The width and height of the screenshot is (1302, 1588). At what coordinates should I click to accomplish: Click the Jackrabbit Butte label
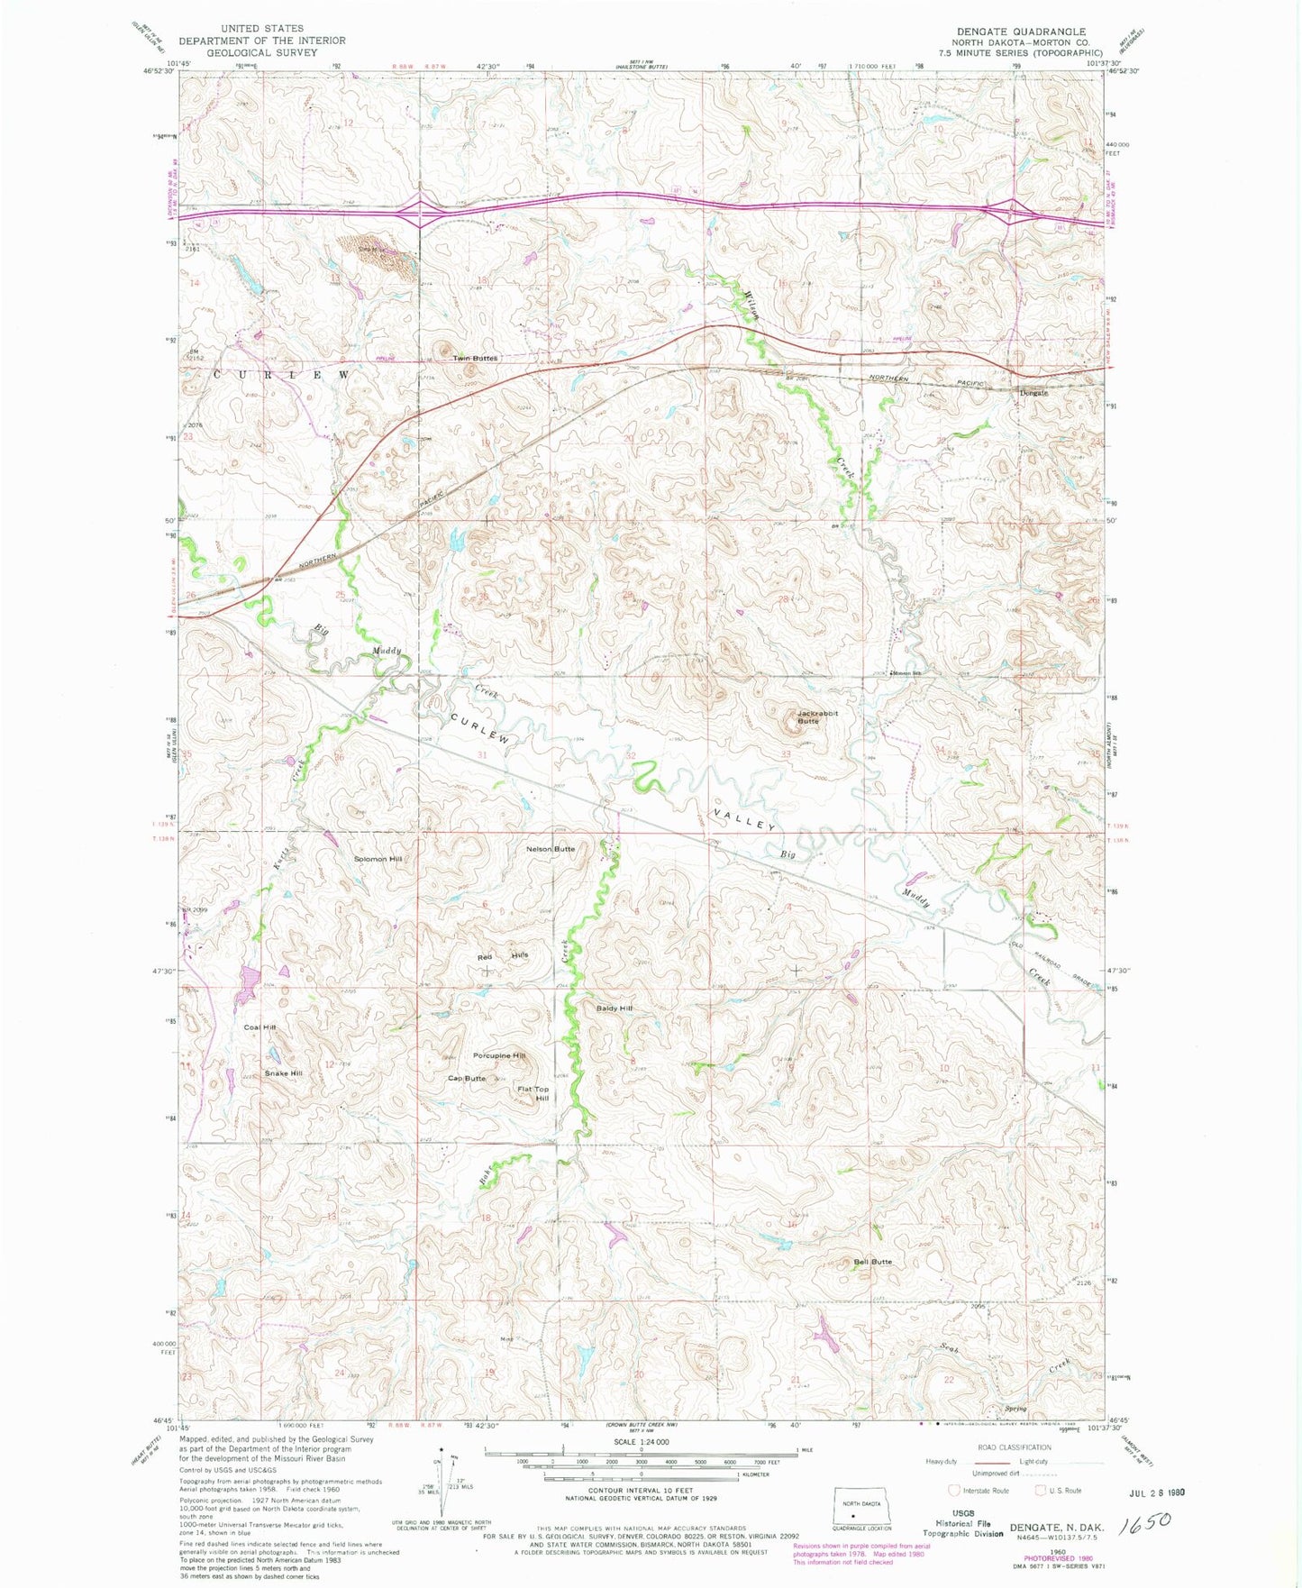pyautogui.click(x=817, y=716)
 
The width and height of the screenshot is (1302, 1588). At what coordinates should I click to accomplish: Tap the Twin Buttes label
pyautogui.click(x=475, y=358)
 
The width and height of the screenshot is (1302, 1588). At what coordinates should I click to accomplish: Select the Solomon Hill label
pyautogui.click(x=378, y=859)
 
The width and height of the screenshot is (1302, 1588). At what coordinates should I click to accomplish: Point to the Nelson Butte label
pyautogui.click(x=551, y=849)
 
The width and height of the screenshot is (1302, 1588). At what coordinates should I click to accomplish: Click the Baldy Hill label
pyautogui.click(x=615, y=1008)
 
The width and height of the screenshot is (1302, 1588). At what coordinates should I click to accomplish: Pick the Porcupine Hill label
pyautogui.click(x=499, y=1055)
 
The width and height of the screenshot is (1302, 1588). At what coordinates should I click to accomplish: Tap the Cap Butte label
pyautogui.click(x=467, y=1078)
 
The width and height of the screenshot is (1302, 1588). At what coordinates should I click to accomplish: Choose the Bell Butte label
pyautogui.click(x=872, y=1262)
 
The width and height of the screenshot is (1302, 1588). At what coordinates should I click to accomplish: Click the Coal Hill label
pyautogui.click(x=259, y=1027)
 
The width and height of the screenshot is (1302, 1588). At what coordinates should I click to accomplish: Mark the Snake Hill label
pyautogui.click(x=283, y=1073)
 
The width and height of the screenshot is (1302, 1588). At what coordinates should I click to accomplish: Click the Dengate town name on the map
pyautogui.click(x=1033, y=393)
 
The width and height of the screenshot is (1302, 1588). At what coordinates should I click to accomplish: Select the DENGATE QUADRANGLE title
pyautogui.click(x=1021, y=32)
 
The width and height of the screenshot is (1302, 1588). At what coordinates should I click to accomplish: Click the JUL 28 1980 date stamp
pyautogui.click(x=1150, y=1492)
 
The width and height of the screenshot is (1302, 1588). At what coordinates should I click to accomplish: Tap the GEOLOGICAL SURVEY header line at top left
pyautogui.click(x=261, y=52)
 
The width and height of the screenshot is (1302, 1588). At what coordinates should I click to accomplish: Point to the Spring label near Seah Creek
pyautogui.click(x=1015, y=1408)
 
